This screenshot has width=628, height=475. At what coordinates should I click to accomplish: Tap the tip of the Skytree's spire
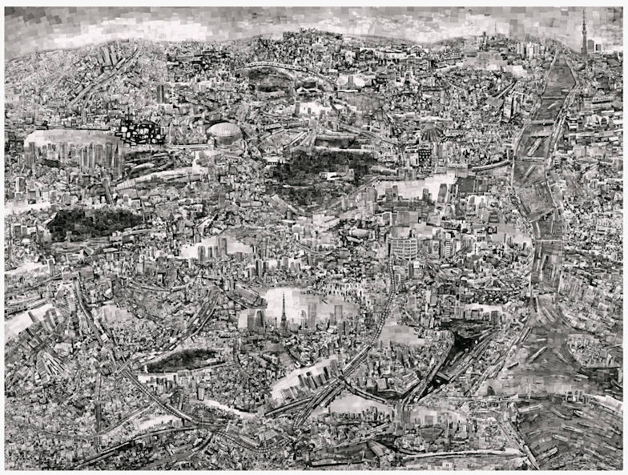click(584, 10)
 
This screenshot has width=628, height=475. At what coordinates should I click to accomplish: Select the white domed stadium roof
click(226, 133)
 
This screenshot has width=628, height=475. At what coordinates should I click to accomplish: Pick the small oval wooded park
click(183, 360)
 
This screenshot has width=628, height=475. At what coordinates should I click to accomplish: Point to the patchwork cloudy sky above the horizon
click(320, 20)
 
